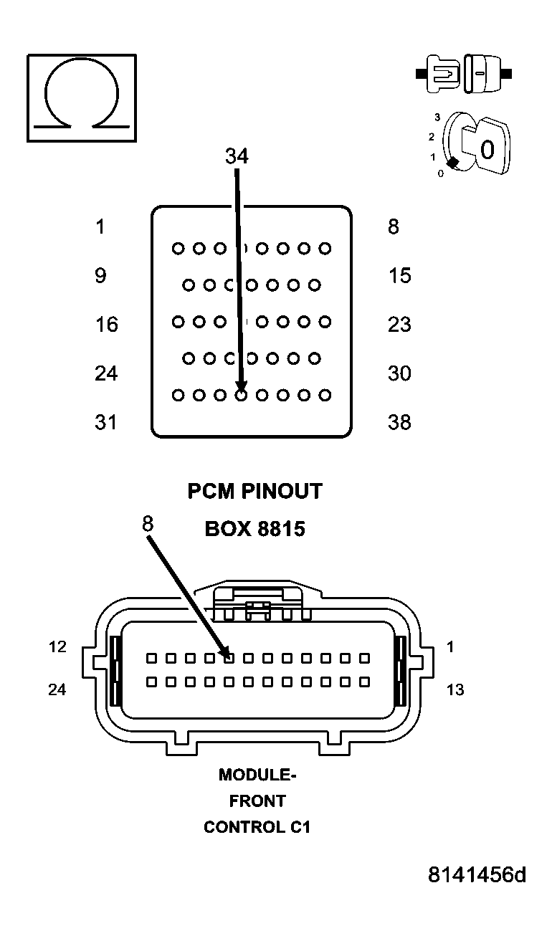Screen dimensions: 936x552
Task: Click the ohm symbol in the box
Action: coord(81,97)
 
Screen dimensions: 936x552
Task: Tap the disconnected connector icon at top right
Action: coord(464,73)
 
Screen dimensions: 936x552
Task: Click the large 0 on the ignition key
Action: coord(487,150)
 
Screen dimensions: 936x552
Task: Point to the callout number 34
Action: coord(237,156)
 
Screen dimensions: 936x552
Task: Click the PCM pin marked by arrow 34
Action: coord(242,394)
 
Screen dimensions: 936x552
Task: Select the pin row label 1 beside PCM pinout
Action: coord(100,227)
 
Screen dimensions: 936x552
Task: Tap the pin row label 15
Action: coord(399,276)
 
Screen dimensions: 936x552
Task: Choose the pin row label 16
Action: coord(107,325)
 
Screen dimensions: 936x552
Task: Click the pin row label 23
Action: coord(399,325)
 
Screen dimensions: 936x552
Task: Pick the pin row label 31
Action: coord(106,422)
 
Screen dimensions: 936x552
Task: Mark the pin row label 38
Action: coord(399,422)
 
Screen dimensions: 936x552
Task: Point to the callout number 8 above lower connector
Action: coord(147,523)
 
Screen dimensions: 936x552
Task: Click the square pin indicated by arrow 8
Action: coord(229,657)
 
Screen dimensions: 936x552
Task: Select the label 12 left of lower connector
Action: coord(57,647)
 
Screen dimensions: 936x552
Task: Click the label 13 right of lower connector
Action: coord(455,689)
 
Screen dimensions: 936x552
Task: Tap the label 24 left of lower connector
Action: coord(57,689)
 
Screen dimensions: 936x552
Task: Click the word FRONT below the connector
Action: coord(257,801)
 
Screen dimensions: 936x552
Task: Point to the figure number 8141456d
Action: coord(477,875)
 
